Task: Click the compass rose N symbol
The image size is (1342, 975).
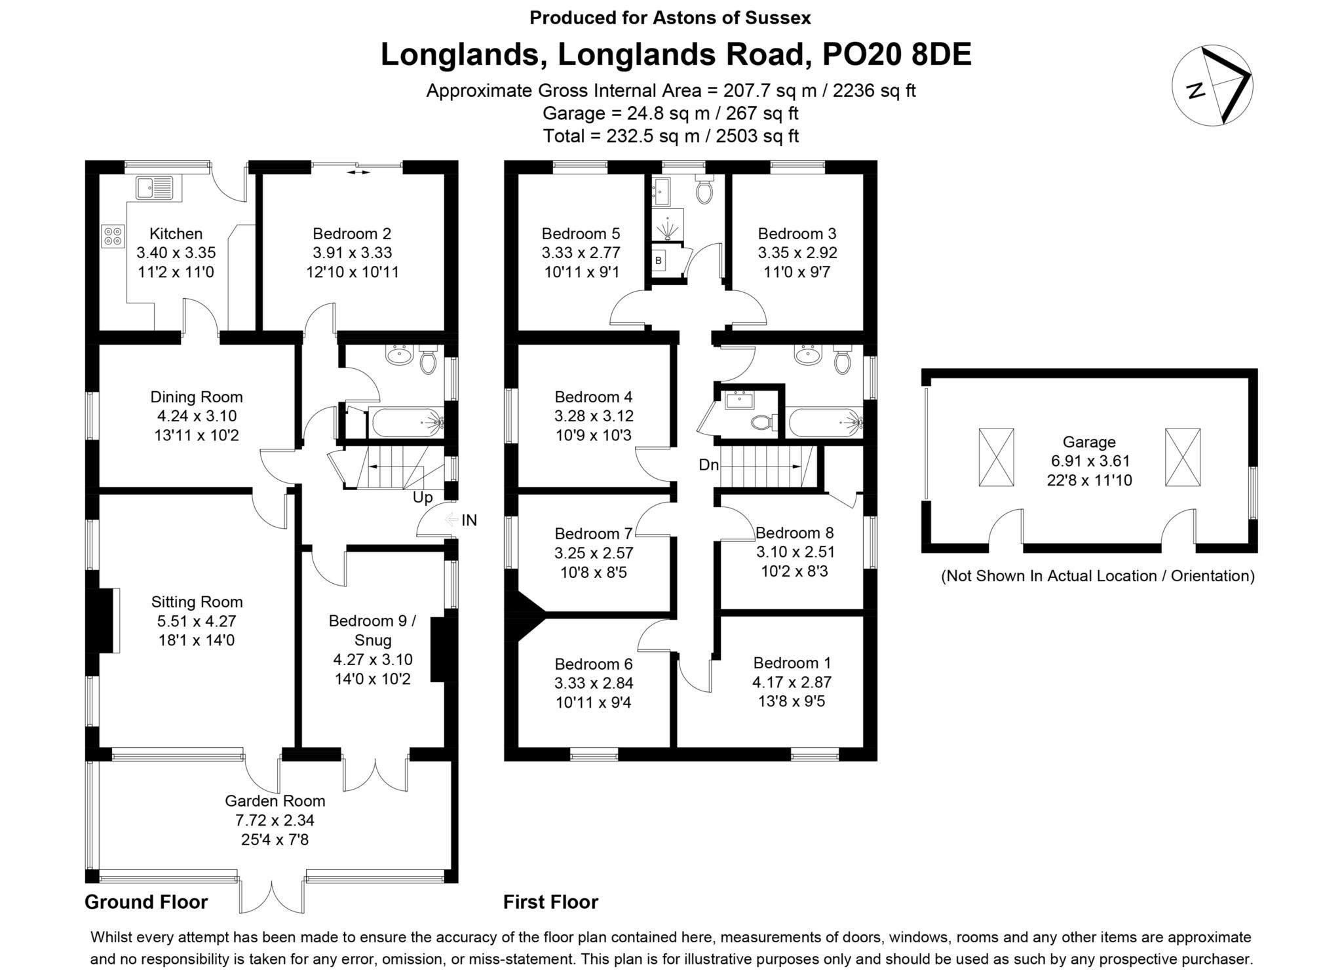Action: (x=1197, y=90)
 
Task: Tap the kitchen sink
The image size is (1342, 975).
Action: (x=155, y=187)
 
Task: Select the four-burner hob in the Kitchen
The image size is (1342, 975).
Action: (x=113, y=236)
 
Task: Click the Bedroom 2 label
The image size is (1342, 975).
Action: (x=352, y=233)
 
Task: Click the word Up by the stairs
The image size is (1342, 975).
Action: (x=423, y=497)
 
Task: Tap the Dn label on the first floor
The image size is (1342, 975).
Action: (x=708, y=465)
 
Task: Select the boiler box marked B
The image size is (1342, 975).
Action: (x=659, y=261)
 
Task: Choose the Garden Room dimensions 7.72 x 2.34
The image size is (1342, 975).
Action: (x=275, y=820)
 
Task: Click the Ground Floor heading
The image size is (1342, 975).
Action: (x=146, y=902)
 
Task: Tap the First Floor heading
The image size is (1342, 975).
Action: (x=550, y=902)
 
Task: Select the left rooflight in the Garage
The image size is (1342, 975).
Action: (x=996, y=457)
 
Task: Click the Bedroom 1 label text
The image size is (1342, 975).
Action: (x=792, y=662)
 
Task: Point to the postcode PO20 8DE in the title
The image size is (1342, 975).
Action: (x=896, y=55)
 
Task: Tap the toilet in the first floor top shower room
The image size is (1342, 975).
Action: (x=704, y=190)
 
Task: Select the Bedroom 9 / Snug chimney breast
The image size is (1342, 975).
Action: (x=438, y=651)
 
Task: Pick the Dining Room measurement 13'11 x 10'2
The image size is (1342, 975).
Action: (x=197, y=434)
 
